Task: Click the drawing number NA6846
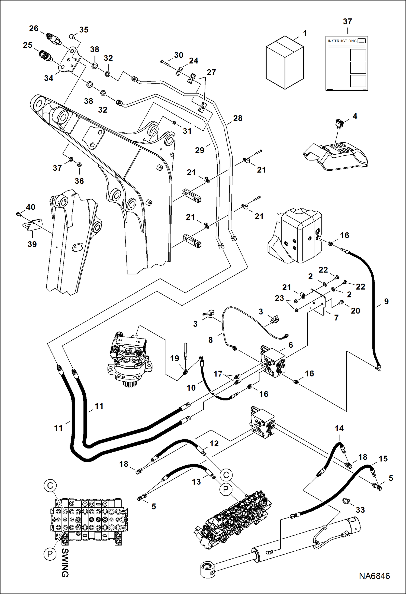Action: (374, 576)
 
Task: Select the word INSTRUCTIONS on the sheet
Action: (342, 41)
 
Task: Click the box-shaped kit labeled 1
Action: (285, 63)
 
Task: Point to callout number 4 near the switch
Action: (355, 116)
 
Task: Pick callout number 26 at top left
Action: (34, 28)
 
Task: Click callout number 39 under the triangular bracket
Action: (32, 244)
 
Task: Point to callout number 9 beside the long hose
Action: (386, 301)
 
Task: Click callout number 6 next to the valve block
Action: (291, 345)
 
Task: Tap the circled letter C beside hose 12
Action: (226, 475)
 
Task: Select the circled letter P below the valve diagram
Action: (50, 554)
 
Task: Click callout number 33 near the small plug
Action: (360, 510)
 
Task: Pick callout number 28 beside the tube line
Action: (238, 118)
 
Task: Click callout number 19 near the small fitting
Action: (175, 358)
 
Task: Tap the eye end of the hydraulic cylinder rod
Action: (208, 570)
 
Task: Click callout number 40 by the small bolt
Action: (30, 207)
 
